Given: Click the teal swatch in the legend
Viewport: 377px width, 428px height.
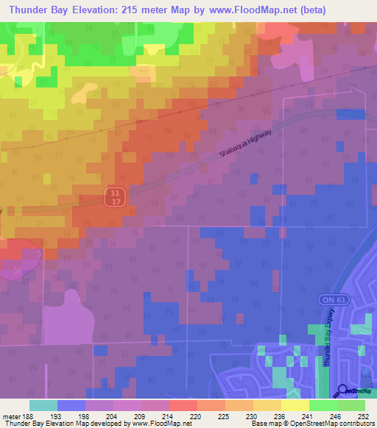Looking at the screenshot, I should click(x=43, y=405).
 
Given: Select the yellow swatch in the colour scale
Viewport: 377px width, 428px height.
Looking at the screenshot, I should click(x=295, y=405).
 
